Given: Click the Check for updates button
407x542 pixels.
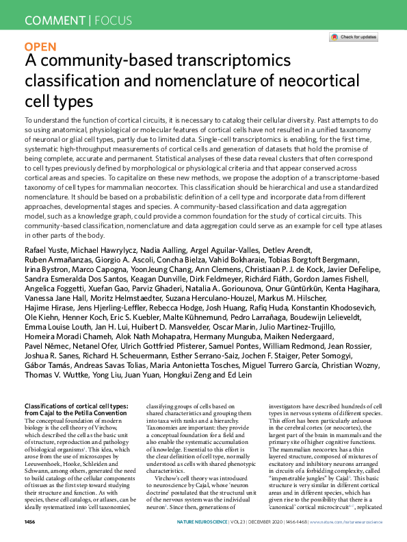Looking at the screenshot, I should point(353,37).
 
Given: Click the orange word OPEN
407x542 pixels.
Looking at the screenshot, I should point(40,47).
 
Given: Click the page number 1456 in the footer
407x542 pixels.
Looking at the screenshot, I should point(29,522).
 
